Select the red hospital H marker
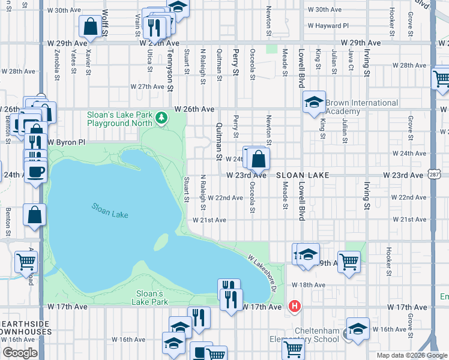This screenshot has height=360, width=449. pyautogui.click(x=294, y=307)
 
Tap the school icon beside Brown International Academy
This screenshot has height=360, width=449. pyautogui.click(x=313, y=102)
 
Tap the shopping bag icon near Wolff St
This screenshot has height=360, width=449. pyautogui.click(x=90, y=26)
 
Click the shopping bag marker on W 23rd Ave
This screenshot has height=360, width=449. pyautogui.click(x=258, y=159)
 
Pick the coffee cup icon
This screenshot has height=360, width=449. pyautogui.click(x=36, y=170)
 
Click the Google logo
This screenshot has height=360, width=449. pyautogui.click(x=19, y=353)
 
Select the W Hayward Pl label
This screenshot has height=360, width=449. pyautogui.click(x=328, y=26)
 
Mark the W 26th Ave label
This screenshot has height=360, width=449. pyautogui.click(x=194, y=109)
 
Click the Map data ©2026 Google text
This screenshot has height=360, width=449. pyautogui.click(x=411, y=355)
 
